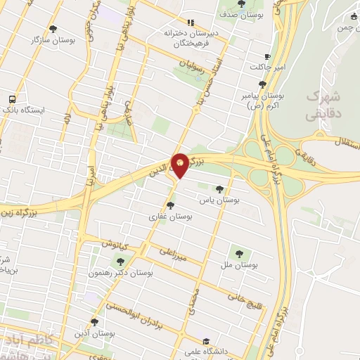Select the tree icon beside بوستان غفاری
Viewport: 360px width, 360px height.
point(170,205)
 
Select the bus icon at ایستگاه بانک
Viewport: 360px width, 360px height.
point(12,99)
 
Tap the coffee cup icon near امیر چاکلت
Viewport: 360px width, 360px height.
point(266,57)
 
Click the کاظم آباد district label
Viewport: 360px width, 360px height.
point(25,340)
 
